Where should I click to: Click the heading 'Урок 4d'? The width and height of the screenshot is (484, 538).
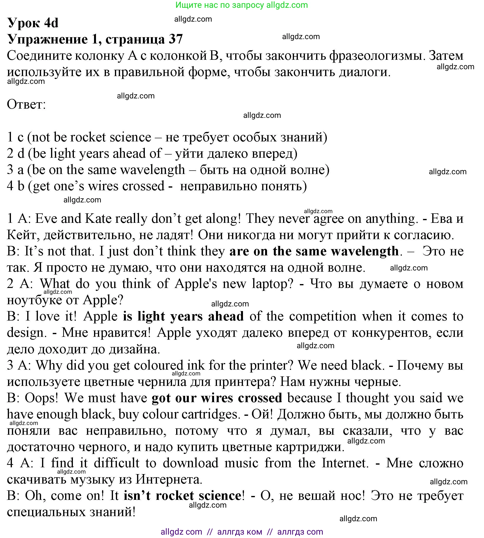click(33, 23)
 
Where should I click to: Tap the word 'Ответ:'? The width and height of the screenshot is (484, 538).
click(26, 104)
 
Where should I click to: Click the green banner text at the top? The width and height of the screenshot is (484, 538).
click(242, 5)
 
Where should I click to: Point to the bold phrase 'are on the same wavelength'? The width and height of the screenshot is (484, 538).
click(314, 251)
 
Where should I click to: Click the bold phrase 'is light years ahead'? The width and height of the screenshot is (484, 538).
click(183, 316)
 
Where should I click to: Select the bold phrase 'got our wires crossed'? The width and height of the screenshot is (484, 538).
click(217, 398)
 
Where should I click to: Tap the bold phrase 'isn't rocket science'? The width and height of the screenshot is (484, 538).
click(182, 495)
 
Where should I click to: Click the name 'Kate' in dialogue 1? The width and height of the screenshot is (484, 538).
click(98, 219)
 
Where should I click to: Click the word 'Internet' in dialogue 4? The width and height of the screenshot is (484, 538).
click(345, 463)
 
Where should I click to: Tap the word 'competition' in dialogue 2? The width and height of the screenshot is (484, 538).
click(323, 316)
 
